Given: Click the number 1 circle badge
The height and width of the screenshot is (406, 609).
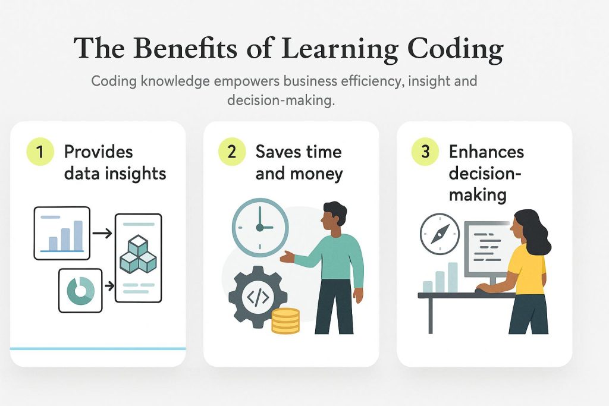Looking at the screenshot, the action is click(40, 152).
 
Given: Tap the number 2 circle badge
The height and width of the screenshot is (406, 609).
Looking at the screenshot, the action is click(232, 152).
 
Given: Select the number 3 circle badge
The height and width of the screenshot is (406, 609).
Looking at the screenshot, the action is click(425, 152).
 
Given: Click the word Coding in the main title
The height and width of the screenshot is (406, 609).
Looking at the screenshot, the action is click(456, 49).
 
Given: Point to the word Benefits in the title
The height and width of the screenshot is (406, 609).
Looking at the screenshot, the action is click(185, 48).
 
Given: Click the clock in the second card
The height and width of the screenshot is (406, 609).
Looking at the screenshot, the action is click(260, 228).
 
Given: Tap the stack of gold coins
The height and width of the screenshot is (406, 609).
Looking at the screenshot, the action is click(285, 320).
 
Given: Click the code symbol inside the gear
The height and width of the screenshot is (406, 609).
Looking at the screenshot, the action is click(258, 297).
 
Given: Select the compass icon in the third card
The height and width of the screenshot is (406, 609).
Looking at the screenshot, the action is click(440, 234).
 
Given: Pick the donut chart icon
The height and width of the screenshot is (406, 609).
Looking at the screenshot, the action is click(80, 290).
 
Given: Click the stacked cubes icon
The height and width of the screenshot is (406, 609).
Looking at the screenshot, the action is click(138, 254).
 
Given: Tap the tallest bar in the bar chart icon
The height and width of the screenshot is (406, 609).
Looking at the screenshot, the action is click(78, 235).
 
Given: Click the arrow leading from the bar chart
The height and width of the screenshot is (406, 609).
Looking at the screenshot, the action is click(102, 233).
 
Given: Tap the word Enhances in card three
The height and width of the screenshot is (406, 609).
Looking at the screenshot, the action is click(486, 152).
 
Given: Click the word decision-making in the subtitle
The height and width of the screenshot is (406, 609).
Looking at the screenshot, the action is click(281, 100).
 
